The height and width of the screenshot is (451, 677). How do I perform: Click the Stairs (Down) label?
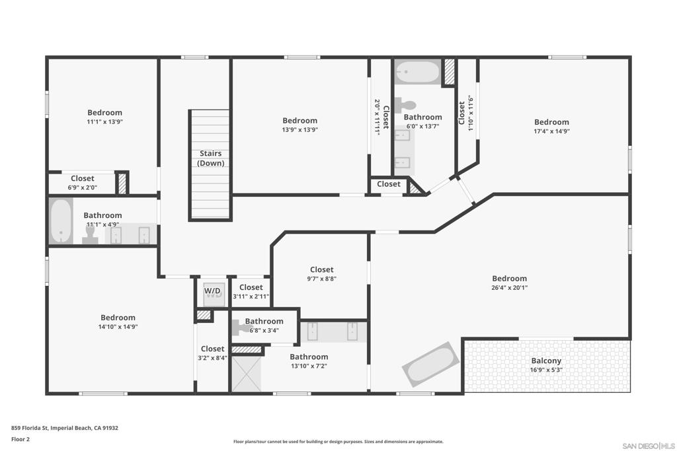(x=212, y=158)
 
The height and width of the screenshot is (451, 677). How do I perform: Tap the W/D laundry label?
(x=212, y=291)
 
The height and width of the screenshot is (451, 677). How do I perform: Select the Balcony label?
(x=546, y=361)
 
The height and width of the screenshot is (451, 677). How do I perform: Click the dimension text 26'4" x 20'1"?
(x=509, y=287)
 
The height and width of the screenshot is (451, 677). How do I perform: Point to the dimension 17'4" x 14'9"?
(x=551, y=131)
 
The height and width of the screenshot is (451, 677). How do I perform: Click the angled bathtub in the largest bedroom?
(x=431, y=364)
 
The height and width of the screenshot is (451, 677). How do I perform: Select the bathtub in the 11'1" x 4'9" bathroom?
(x=61, y=222)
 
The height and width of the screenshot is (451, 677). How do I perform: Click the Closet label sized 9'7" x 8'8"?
(x=321, y=269)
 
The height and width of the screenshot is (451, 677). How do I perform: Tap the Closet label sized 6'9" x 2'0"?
(x=83, y=178)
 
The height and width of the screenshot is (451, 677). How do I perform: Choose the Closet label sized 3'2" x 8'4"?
(x=212, y=349)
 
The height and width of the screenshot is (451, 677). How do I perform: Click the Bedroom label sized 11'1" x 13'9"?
(x=104, y=113)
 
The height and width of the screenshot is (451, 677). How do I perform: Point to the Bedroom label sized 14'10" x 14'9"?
(x=118, y=318)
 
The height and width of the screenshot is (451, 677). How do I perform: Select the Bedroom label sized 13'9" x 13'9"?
(x=299, y=121)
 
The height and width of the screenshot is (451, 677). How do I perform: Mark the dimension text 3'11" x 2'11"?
(x=251, y=296)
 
